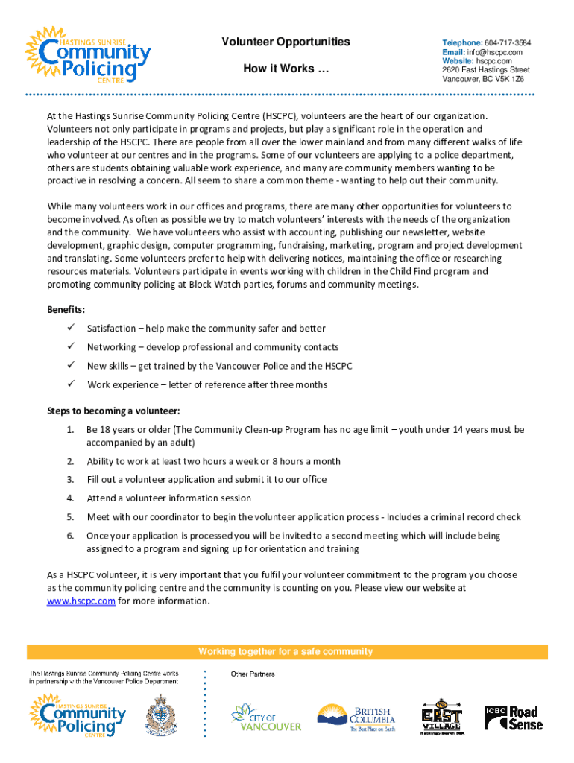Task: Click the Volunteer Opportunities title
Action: point(286,42)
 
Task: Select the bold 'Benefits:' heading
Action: point(66,309)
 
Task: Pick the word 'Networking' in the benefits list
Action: point(111,347)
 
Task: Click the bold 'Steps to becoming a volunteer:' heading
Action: point(113,411)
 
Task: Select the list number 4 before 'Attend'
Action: point(69,498)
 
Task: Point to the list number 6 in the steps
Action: point(69,536)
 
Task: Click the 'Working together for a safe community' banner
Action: point(286,652)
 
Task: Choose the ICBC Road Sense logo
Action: point(514,717)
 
